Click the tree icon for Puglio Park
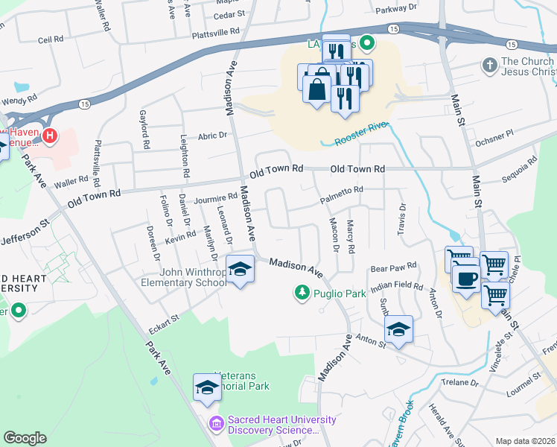[x=302, y=293]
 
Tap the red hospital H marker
[x=49, y=136]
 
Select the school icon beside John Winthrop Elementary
[x=240, y=270]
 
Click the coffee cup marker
[x=467, y=279]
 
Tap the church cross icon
[x=490, y=66]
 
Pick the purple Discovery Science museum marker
[x=217, y=423]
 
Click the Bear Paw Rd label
[x=392, y=267]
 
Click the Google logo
[x=25, y=438]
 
